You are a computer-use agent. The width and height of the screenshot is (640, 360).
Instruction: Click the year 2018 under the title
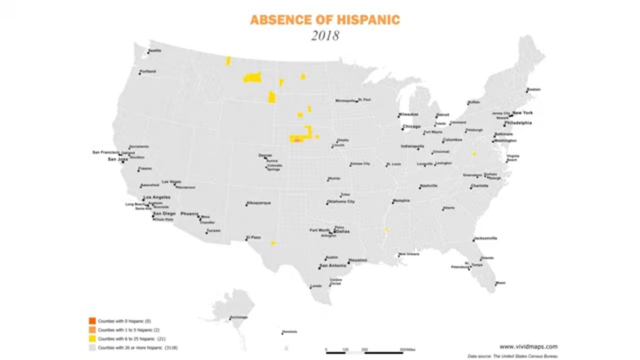(325, 36)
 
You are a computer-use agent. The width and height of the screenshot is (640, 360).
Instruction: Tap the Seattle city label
(155, 50)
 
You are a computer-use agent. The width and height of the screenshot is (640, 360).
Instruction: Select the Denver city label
(265, 155)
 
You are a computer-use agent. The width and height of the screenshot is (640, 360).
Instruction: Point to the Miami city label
(500, 283)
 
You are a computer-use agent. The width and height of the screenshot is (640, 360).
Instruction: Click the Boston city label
(534, 89)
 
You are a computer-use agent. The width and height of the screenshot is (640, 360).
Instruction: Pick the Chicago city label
(411, 126)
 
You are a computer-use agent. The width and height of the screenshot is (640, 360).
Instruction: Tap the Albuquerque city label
(259, 203)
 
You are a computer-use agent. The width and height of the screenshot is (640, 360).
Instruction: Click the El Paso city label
(253, 237)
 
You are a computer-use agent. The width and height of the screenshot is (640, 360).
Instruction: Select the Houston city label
(357, 260)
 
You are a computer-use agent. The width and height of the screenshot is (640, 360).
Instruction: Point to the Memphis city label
(401, 201)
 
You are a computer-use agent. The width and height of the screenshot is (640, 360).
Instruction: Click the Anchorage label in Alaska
(238, 317)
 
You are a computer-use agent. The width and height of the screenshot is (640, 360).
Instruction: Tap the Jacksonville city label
(486, 238)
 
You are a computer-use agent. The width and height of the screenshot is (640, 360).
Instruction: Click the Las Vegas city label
(171, 181)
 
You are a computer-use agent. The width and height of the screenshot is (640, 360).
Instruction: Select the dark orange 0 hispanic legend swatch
(92, 320)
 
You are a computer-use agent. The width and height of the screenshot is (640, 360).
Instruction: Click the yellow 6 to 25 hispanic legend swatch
(92, 338)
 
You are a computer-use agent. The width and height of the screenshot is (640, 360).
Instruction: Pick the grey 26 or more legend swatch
(92, 347)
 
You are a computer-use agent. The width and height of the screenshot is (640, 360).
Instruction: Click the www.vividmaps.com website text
(528, 346)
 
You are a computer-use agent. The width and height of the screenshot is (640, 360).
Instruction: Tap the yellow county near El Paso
(273, 243)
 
